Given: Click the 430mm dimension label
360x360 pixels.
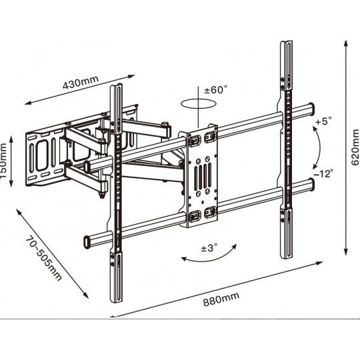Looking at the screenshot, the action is coord(81,82).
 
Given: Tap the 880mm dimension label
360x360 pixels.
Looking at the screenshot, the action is coord(221,299).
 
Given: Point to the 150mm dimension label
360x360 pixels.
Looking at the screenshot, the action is coord(3,161).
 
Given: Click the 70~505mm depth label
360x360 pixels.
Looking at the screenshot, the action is coord(43,258).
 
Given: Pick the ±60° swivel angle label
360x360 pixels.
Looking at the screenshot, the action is coord(216,89).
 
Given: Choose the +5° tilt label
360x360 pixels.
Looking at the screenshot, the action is coord(324,121).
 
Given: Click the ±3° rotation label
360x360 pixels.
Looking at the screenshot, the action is coord(209,248).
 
